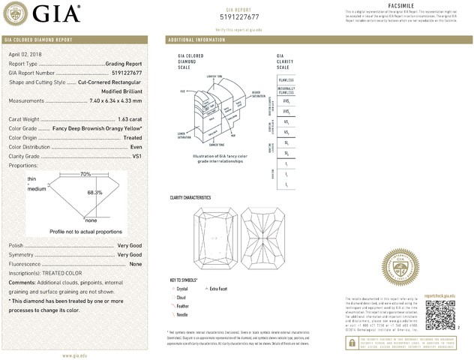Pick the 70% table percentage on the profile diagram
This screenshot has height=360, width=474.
coord(85,174)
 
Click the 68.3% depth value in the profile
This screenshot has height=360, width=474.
coord(95,193)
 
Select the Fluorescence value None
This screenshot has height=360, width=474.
coord(136,264)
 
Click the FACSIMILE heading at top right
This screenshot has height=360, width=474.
coord(404,5)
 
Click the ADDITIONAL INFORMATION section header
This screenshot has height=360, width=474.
coord(196,39)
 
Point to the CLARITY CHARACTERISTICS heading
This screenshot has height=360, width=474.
coord(190,197)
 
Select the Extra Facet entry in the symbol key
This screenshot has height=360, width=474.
coord(219,288)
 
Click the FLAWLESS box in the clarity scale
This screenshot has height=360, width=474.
coord(286,79)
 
